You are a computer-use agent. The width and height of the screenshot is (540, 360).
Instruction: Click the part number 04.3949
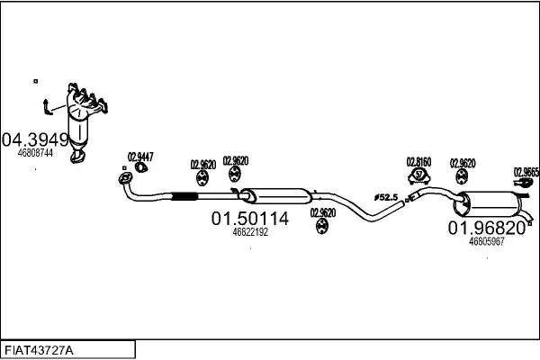(x=35, y=139)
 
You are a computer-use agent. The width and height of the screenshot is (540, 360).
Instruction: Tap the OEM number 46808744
(x=35, y=154)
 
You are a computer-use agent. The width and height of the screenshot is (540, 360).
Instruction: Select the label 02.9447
(x=139, y=156)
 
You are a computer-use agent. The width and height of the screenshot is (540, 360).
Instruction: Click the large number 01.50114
(x=250, y=219)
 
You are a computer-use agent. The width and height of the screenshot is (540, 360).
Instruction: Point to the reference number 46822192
(x=250, y=232)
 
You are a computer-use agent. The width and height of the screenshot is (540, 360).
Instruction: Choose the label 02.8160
(x=419, y=162)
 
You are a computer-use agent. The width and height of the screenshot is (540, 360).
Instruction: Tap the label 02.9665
(x=526, y=171)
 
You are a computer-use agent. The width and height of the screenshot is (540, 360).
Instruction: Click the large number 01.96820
(x=487, y=229)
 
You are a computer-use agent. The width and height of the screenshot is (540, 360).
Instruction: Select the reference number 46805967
(x=487, y=241)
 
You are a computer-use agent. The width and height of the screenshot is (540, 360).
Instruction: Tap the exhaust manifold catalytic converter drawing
(x=85, y=117)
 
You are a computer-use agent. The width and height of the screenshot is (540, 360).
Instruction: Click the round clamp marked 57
(x=419, y=175)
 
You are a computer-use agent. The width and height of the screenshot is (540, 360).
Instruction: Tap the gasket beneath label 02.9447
(x=141, y=166)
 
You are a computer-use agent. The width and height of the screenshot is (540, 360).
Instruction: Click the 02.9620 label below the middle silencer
(x=322, y=213)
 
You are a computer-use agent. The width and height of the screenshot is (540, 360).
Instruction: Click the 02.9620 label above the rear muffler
(x=463, y=164)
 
